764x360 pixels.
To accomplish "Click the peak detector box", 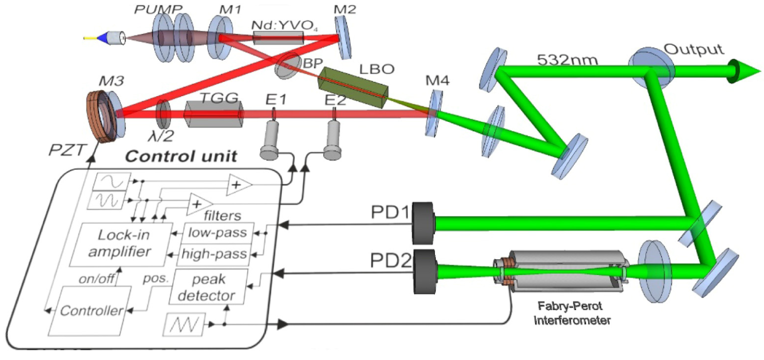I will pyautogui.click(x=208, y=287).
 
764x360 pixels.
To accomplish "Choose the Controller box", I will pyautogui.click(x=90, y=310).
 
